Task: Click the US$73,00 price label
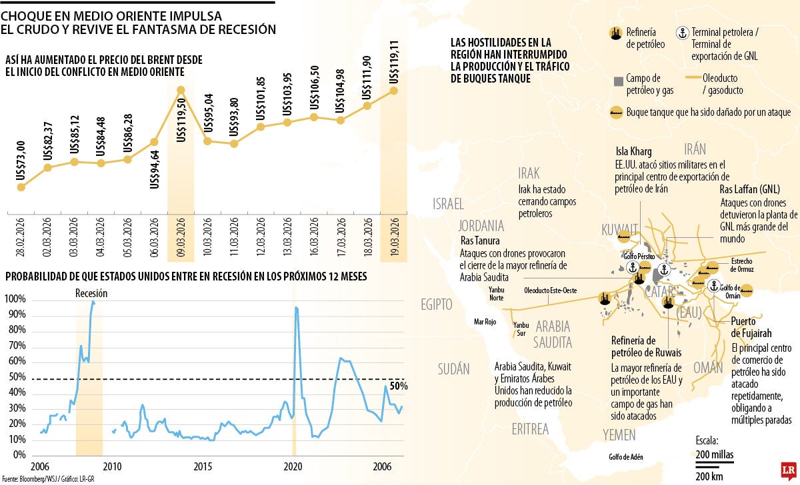pyautogui.click(x=21, y=159)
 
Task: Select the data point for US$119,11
pyautogui.click(x=393, y=90)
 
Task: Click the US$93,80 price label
pyautogui.click(x=234, y=117)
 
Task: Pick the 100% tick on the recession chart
pyautogui.click(x=16, y=299)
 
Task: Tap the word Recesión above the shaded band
pyautogui.click(x=91, y=293)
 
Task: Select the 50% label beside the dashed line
pyautogui.click(x=398, y=386)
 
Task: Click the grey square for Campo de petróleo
pyautogui.click(x=616, y=81)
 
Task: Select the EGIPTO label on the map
pyautogui.click(x=436, y=304)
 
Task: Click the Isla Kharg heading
pyautogui.click(x=633, y=151)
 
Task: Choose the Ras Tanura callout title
pyautogui.click(x=480, y=241)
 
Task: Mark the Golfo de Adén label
pyautogui.click(x=630, y=457)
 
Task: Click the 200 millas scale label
pyautogui.click(x=714, y=454)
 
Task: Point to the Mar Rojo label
pyautogui.click(x=485, y=321)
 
